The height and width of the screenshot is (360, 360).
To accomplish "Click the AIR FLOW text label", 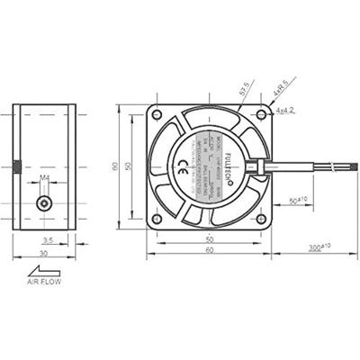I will coord(46,283).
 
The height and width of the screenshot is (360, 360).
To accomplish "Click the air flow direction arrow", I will coord(45,268).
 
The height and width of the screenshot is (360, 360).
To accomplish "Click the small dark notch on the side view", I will coord(16,166).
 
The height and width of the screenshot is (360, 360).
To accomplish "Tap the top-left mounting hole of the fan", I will coord(157,115).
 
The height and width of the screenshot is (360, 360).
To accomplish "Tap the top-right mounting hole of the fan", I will coord(261,115).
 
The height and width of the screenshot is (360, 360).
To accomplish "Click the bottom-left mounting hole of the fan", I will coord(157,219).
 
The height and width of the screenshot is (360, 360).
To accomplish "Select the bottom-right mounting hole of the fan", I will coord(261,219).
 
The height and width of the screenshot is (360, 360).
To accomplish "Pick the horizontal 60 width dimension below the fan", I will coord(210,255).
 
